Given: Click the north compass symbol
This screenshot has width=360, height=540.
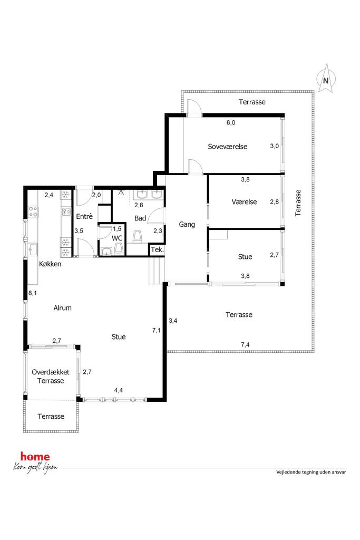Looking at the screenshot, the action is (x=325, y=79).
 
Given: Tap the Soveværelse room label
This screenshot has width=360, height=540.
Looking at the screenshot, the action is (x=228, y=147).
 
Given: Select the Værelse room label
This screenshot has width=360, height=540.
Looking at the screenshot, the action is (x=244, y=202).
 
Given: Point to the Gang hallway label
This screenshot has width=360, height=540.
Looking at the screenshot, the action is (x=187, y=225).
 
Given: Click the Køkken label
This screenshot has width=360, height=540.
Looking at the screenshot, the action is (x=50, y=264).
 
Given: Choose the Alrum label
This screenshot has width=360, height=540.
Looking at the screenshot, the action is (x=62, y=308).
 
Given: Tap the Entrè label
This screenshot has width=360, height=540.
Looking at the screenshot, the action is (x=84, y=216).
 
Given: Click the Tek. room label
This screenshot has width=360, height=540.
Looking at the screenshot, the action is (x=157, y=249).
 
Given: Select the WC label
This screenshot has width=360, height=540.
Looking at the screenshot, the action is (x=117, y=238).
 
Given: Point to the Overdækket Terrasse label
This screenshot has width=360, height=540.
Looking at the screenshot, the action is (x=51, y=377).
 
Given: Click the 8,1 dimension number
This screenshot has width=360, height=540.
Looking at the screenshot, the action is (x=32, y=293).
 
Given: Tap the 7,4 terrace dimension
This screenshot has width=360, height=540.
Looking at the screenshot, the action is (x=245, y=344).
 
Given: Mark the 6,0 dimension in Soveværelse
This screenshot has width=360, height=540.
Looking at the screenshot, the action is (x=230, y=122).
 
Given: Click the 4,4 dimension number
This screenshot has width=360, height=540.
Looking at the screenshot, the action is (x=119, y=390).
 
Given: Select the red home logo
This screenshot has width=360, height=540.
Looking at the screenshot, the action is (x=35, y=457).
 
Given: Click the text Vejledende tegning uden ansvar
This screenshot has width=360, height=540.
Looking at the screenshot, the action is (x=311, y=472).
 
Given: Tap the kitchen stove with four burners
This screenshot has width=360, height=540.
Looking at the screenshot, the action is (x=33, y=211).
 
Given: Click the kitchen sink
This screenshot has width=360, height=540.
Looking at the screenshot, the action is (x=33, y=249).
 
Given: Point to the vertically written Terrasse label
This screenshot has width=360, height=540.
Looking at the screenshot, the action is (x=298, y=203).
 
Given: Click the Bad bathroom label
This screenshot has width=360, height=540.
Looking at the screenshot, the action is (x=140, y=218).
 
